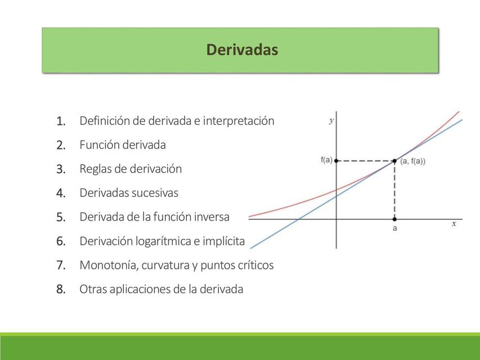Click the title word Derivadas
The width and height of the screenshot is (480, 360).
[242, 50]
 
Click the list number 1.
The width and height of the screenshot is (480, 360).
[61, 121]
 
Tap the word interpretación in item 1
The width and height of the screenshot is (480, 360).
[239, 121]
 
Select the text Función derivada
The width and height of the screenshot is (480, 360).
[123, 145]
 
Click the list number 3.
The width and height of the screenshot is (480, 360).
[61, 169]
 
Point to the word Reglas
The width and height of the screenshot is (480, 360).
[95, 169]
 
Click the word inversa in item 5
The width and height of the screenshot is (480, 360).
[212, 217]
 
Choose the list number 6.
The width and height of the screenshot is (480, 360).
[61, 241]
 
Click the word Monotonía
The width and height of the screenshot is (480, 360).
[109, 265]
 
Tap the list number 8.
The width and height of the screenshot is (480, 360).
[61, 290]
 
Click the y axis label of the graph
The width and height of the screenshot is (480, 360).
[331, 120]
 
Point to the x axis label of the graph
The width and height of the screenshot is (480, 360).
[454, 224]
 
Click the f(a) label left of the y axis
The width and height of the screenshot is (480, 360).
[326, 160]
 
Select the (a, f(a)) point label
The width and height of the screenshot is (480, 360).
[412, 161]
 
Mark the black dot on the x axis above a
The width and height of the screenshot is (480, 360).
[394, 219]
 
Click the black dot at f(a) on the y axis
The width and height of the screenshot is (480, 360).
[337, 161]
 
